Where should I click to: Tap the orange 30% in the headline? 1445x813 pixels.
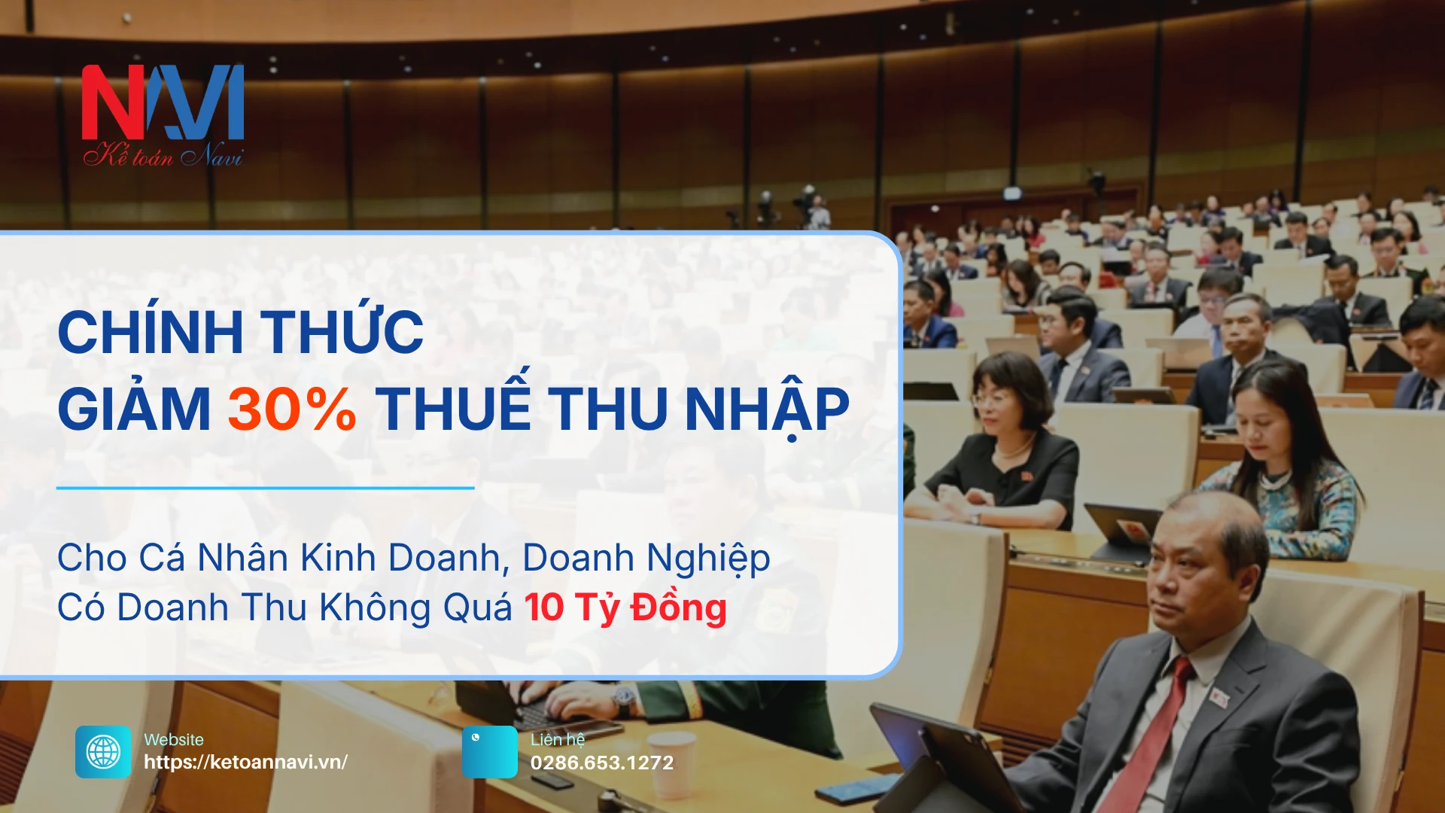tap(292, 410)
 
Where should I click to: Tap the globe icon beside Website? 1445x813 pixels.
tap(103, 751)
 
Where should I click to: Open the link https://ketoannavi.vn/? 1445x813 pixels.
tap(245, 762)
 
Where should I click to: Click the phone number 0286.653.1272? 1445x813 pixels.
tap(602, 763)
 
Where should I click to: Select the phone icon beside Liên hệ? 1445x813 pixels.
tap(490, 751)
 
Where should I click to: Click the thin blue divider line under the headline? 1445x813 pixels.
tap(265, 488)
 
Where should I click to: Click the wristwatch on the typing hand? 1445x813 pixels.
tap(624, 699)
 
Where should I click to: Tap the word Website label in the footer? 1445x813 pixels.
tap(174, 740)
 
